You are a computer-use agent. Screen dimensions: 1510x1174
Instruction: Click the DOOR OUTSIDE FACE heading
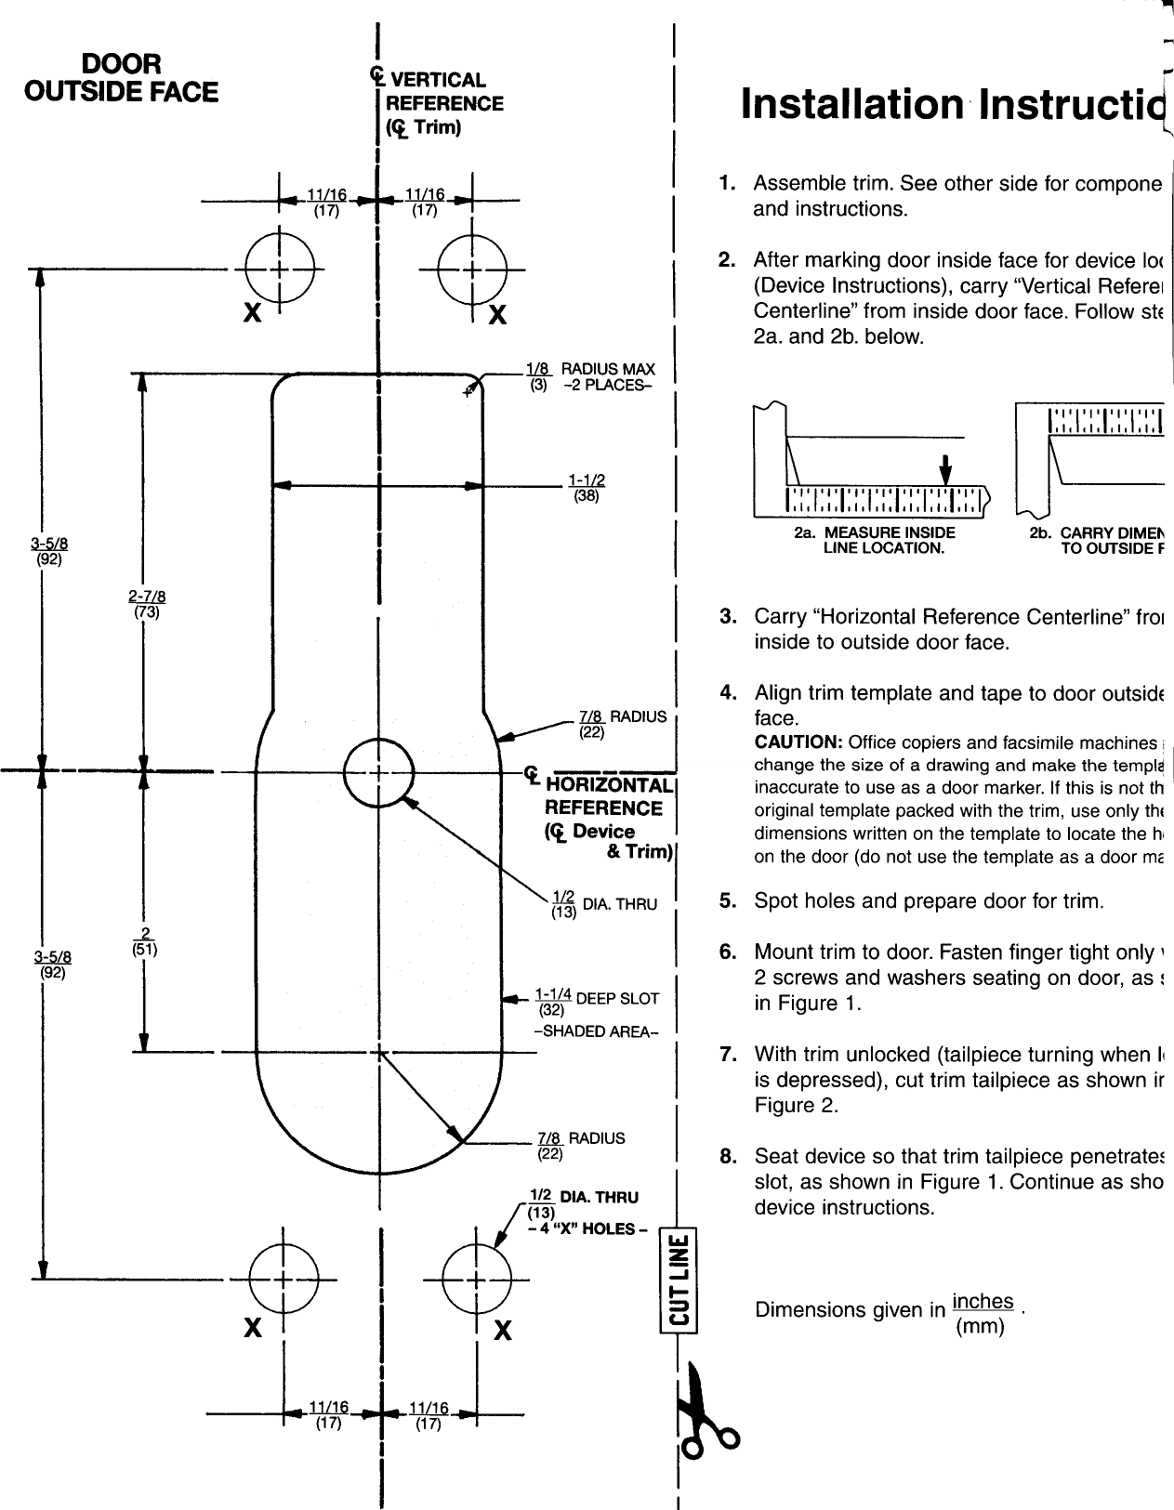click(121, 78)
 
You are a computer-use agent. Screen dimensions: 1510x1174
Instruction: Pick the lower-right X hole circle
click(477, 1280)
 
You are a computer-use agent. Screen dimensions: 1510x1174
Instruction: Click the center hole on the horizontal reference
click(378, 771)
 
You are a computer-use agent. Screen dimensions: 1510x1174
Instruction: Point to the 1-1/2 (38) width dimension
click(587, 488)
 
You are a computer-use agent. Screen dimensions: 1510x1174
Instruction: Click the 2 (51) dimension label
click(144, 941)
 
